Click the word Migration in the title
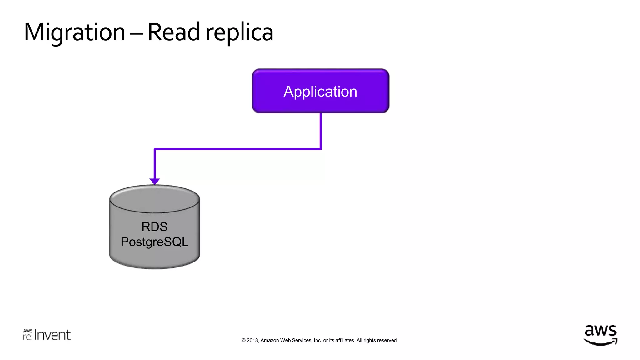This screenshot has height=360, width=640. [x=74, y=32]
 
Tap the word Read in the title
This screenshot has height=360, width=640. [x=173, y=32]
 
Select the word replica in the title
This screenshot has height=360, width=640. [x=239, y=33]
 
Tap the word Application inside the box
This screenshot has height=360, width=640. [x=320, y=92]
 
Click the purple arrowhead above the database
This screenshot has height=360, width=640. [x=155, y=181]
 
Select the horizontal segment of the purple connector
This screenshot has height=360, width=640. [x=237, y=149]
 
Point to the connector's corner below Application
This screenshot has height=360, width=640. [x=321, y=149]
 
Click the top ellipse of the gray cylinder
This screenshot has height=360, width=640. [x=155, y=199]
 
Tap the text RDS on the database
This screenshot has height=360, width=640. [x=154, y=227]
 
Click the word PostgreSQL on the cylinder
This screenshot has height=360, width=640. [x=154, y=242]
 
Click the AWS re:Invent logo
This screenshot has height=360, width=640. [x=47, y=335]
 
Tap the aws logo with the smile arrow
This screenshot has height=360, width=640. [x=600, y=335]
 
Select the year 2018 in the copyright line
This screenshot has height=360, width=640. [x=252, y=341]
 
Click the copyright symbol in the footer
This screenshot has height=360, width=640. [x=243, y=341]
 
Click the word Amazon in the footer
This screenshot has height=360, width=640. [x=270, y=341]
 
